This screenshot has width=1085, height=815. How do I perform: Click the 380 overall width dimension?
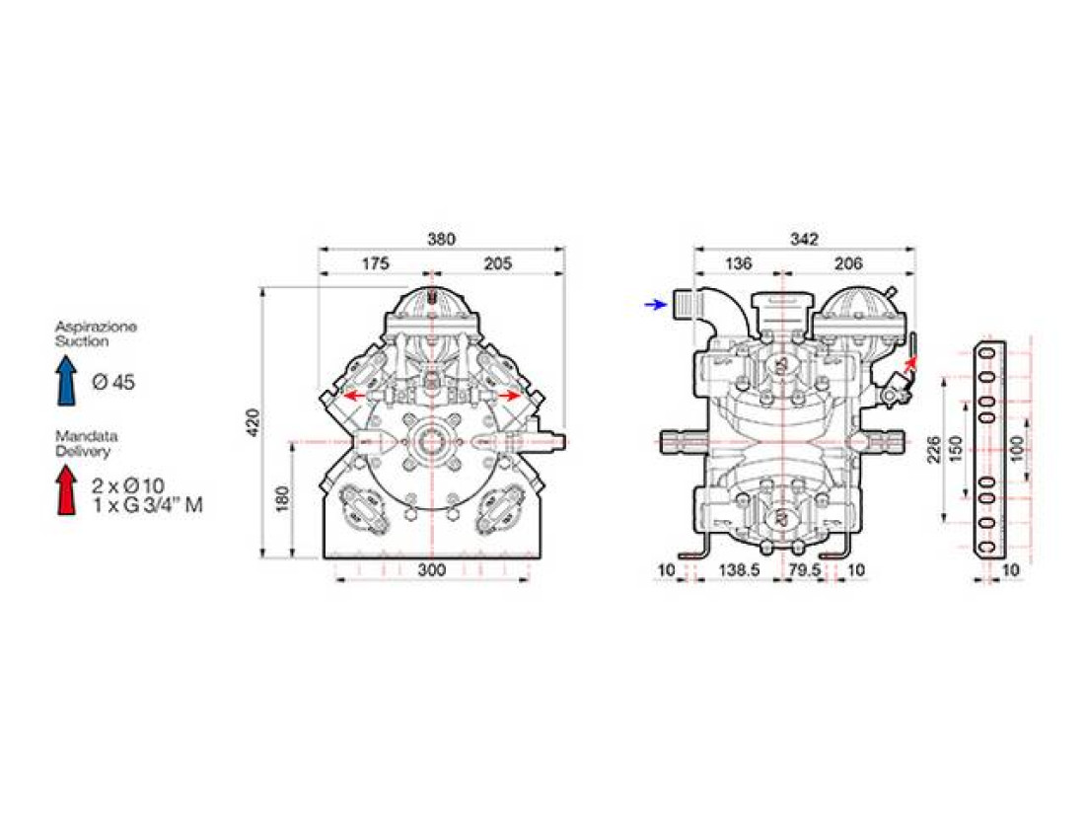click(x=441, y=239)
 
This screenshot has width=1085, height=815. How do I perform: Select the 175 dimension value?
click(x=376, y=263)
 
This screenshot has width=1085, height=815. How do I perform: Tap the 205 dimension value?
click(x=497, y=263)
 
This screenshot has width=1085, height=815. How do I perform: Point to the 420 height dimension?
click(x=253, y=422)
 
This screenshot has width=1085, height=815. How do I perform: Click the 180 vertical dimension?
click(x=282, y=499)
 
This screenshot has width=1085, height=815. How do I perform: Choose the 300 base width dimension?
click(x=432, y=570)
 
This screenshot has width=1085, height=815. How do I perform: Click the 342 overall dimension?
click(x=804, y=239)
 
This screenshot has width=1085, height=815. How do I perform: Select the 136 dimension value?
click(x=739, y=263)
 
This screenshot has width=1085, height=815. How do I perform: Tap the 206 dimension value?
click(x=848, y=263)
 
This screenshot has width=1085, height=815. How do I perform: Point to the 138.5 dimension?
click(x=740, y=570)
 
